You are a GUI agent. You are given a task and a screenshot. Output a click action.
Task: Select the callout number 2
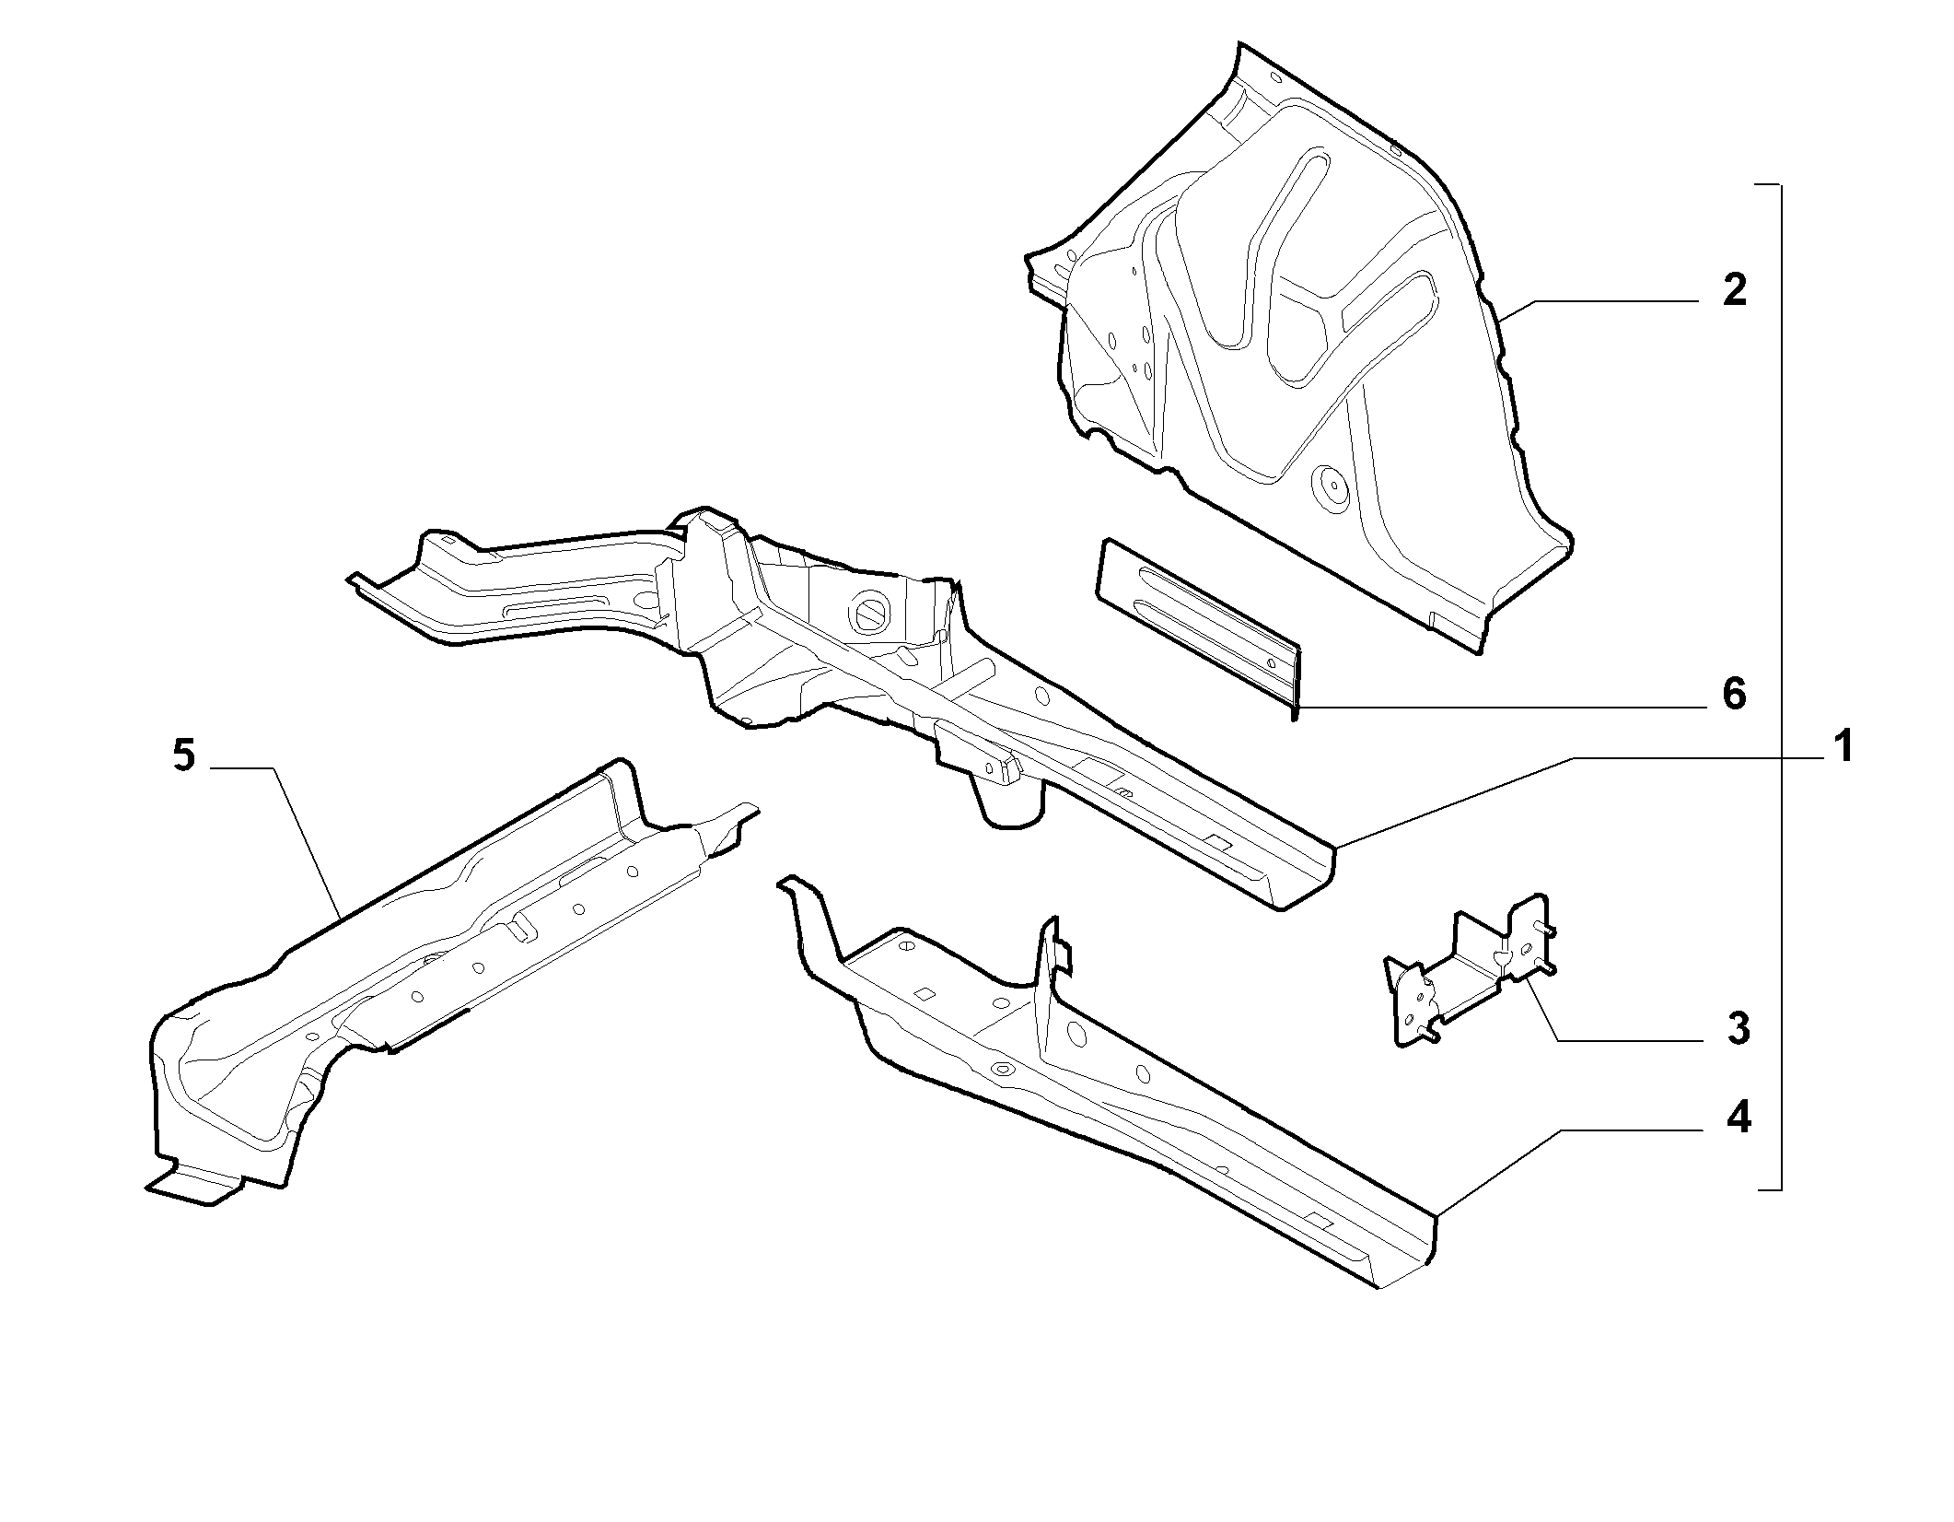[x=1735, y=291]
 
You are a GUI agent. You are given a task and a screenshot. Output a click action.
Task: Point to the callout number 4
[x=1737, y=1119]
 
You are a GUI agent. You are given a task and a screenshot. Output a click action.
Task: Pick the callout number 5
[x=183, y=756]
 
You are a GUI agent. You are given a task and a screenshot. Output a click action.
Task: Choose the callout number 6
[x=1735, y=694]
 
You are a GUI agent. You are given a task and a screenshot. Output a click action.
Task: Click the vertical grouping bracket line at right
[x=1781, y=687]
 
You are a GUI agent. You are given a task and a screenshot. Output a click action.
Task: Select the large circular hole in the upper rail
[x=869, y=614]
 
